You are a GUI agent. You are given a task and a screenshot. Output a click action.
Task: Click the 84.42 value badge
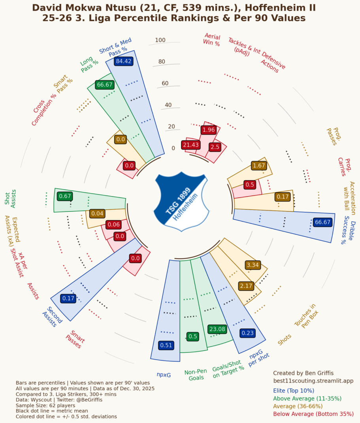[x=123, y=61]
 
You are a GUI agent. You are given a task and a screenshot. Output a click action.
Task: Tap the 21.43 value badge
[x=190, y=145]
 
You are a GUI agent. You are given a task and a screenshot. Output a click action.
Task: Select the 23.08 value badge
[x=217, y=329]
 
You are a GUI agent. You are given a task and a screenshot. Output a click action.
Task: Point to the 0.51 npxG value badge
[x=166, y=345]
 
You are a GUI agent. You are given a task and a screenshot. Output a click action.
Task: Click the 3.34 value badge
[x=252, y=264]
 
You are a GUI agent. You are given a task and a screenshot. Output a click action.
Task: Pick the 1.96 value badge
[x=208, y=130]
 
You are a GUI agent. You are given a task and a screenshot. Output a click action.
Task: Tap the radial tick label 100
[x=160, y=40]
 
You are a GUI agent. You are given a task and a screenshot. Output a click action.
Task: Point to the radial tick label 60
[x=165, y=83]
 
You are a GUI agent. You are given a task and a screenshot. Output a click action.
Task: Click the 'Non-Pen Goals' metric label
[x=196, y=374]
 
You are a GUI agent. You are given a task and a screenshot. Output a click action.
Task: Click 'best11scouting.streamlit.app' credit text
[x=313, y=381]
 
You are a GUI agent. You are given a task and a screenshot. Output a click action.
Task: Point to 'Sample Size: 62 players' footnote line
[x=45, y=405]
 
